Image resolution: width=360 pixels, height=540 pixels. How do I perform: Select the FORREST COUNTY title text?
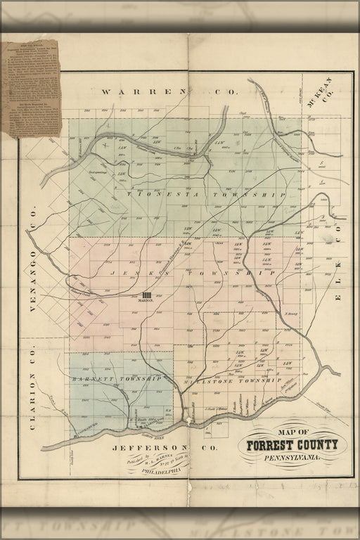(292, 444)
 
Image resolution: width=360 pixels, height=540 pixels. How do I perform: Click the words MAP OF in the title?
(293, 432)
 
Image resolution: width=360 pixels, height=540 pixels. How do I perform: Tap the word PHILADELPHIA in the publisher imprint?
(162, 472)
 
